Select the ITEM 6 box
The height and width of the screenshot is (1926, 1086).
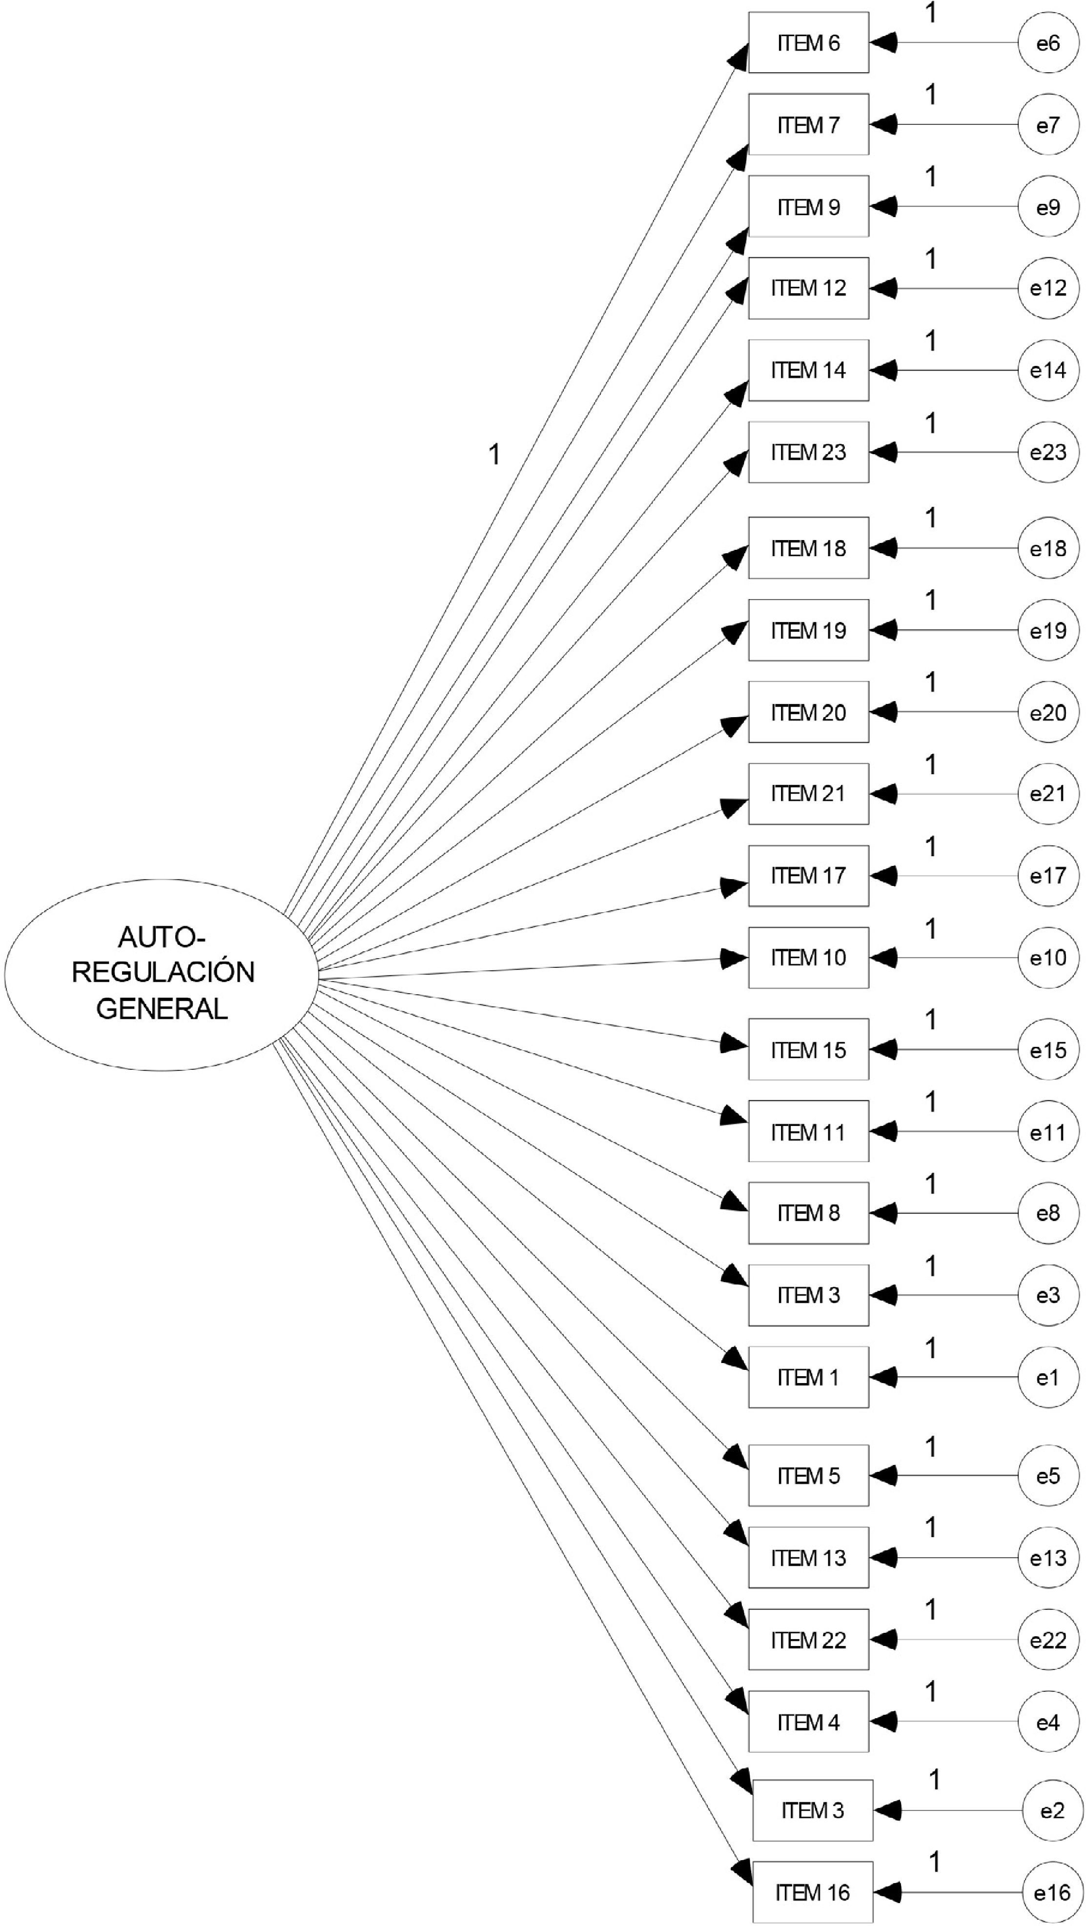pyautogui.click(x=808, y=42)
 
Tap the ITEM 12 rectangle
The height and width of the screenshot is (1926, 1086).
pyautogui.click(x=808, y=288)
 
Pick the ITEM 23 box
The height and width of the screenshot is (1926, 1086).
pyautogui.click(x=808, y=452)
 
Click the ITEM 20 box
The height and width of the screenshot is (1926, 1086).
pyautogui.click(x=808, y=712)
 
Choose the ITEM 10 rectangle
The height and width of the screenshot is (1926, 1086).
pyautogui.click(x=808, y=958)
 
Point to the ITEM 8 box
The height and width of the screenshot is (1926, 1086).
pyautogui.click(x=808, y=1213)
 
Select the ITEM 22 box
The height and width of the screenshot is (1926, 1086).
pyautogui.click(x=808, y=1640)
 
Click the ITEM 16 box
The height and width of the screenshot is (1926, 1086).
pyautogui.click(x=812, y=1892)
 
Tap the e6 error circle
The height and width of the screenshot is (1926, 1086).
pyautogui.click(x=1048, y=42)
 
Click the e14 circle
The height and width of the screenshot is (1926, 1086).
pyautogui.click(x=1048, y=370)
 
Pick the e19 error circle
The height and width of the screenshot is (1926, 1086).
pyautogui.click(x=1048, y=630)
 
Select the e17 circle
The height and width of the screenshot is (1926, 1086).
pyautogui.click(x=1048, y=876)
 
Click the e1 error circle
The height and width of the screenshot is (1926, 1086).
pyautogui.click(x=1048, y=1377)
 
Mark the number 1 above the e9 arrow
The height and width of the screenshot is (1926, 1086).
pyautogui.click(x=931, y=177)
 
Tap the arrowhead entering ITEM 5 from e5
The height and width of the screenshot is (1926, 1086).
pyautogui.click(x=884, y=1475)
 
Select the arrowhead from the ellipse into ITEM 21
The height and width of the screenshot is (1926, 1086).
pyautogui.click(x=733, y=807)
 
